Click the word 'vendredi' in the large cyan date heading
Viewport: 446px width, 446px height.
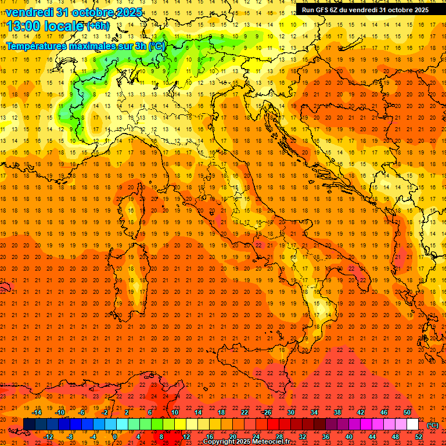(30, 12)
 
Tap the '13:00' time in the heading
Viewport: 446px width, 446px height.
(24, 26)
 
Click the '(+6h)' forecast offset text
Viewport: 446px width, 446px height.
(97, 26)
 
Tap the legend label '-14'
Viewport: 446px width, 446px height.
(38, 412)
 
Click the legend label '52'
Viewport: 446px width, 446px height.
(419, 437)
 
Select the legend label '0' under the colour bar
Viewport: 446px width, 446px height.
(114, 437)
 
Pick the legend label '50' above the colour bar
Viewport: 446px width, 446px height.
(407, 412)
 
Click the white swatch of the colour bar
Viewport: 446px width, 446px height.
(413, 425)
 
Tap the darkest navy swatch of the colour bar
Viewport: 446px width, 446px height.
(30, 425)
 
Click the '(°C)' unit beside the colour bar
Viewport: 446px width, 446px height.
(433, 425)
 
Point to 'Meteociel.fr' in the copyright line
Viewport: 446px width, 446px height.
(275, 442)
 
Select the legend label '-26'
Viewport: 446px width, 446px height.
(267, 412)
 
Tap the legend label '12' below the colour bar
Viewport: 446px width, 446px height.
(186, 437)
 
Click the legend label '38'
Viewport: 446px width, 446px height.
(337, 412)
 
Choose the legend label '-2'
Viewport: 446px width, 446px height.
(105, 412)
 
